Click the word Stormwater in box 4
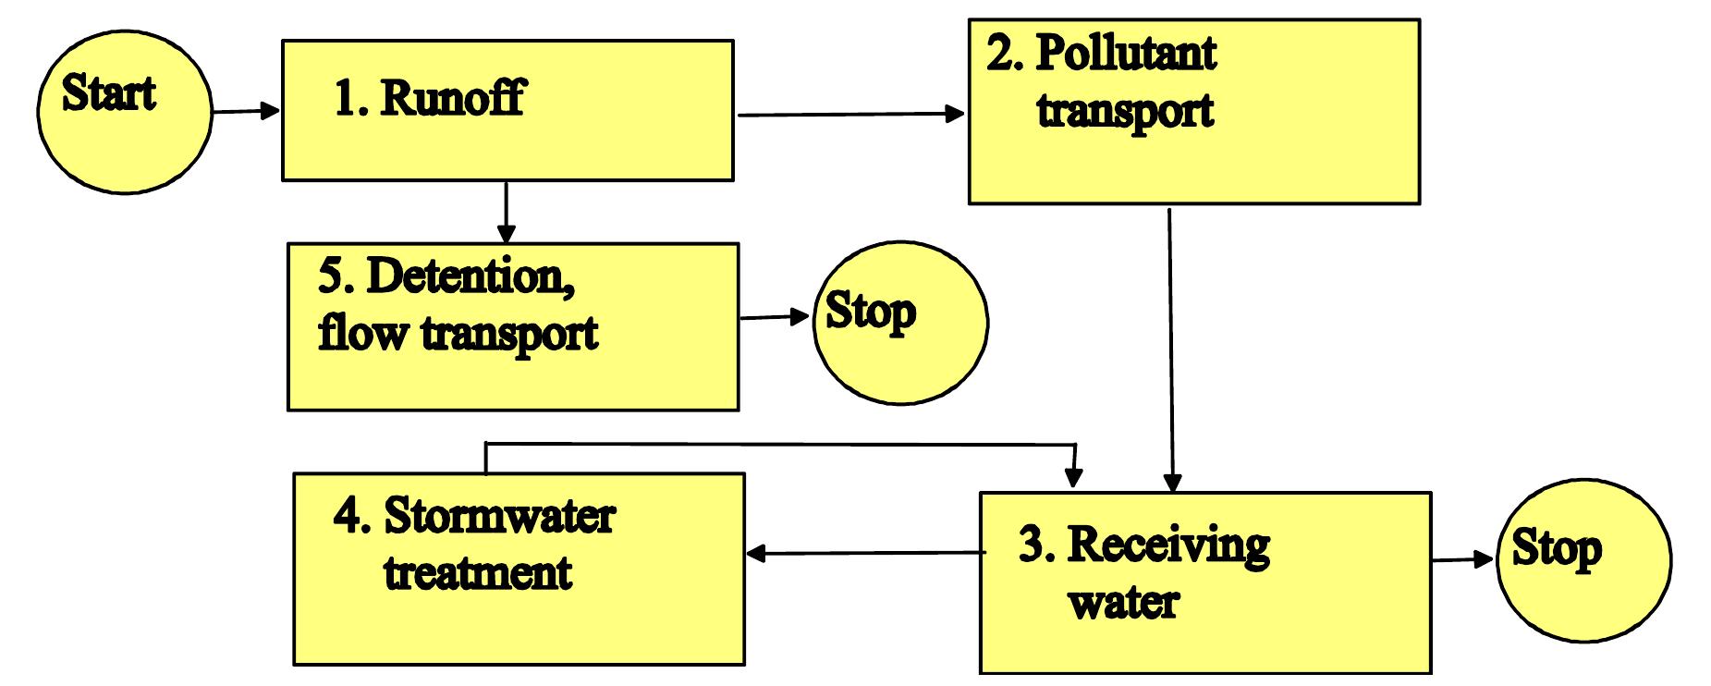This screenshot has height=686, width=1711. [x=499, y=515]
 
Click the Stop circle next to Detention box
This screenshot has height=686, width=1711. [x=899, y=322]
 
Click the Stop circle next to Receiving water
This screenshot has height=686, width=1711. [x=1583, y=560]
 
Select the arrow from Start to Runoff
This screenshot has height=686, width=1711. [x=246, y=112]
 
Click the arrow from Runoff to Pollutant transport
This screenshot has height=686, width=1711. [x=850, y=115]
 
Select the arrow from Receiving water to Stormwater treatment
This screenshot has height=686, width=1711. [x=864, y=554]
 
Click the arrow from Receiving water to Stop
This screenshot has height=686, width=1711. [x=1462, y=559]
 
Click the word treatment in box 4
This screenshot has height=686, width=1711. [x=478, y=572]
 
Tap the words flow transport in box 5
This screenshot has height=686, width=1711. [x=458, y=332]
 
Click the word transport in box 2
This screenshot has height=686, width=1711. [x=1124, y=110]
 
